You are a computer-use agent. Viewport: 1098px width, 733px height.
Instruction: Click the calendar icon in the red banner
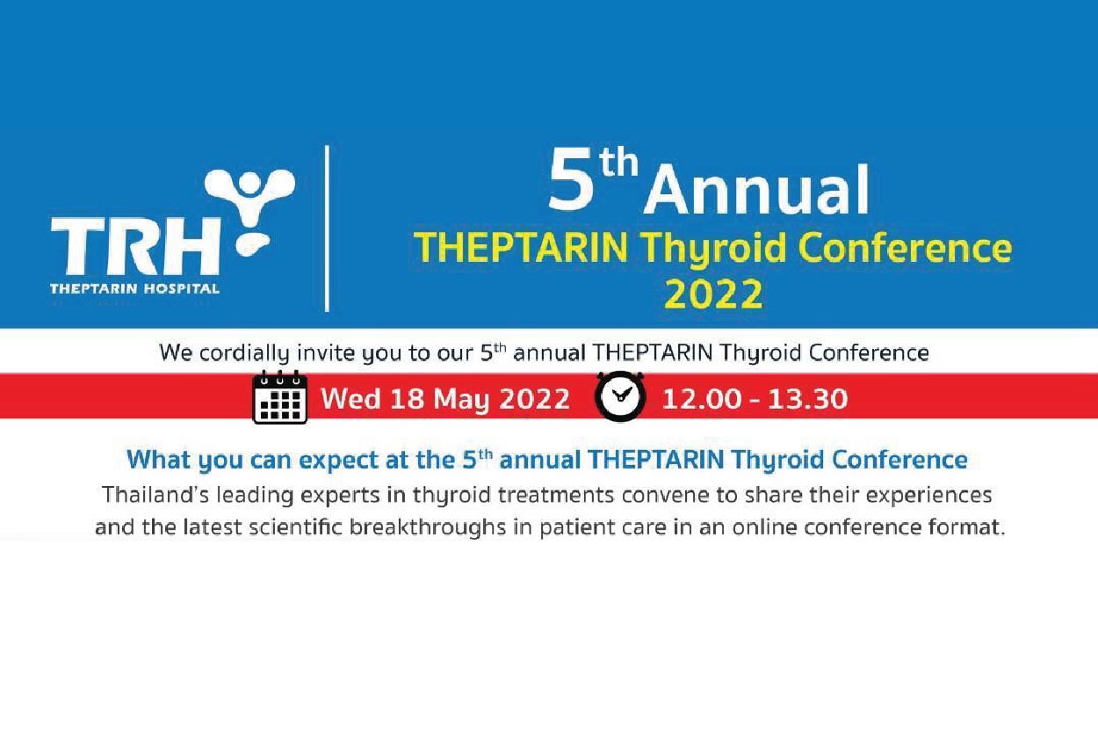tap(280, 397)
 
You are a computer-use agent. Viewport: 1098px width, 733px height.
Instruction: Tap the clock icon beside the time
tap(620, 396)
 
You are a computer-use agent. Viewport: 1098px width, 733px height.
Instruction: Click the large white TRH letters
tap(134, 246)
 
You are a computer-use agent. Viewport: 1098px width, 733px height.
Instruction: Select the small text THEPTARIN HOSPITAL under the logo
tap(134, 288)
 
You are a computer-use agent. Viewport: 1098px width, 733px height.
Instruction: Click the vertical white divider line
tap(327, 229)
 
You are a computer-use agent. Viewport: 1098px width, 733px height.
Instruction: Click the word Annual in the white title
tap(757, 190)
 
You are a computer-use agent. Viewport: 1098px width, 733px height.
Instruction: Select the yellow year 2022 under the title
tap(713, 294)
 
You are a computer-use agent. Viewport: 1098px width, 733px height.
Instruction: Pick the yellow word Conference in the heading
tap(906, 248)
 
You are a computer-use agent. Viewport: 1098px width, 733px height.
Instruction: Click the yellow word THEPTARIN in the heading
tap(521, 248)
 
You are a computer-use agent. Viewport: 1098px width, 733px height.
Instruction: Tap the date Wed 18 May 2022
tap(445, 399)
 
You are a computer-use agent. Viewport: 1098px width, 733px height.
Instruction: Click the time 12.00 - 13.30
tap(755, 399)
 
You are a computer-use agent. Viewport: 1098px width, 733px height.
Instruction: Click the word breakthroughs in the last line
tap(428, 528)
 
